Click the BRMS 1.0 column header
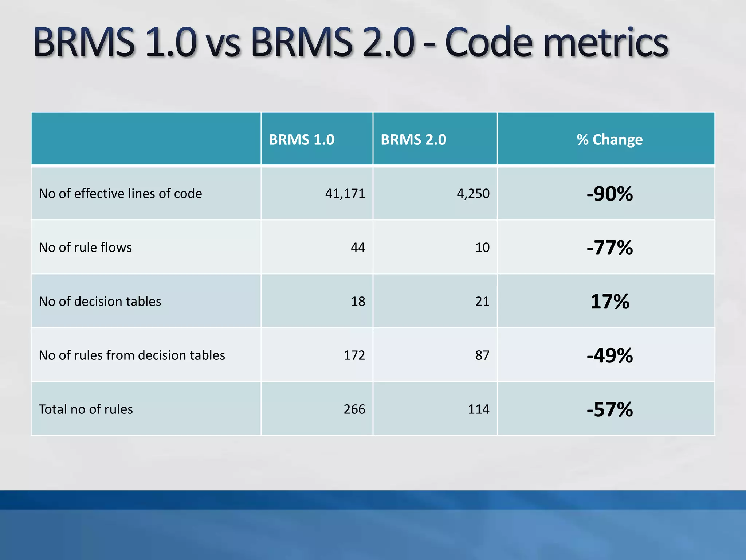[x=301, y=140]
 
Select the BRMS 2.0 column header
[x=413, y=140]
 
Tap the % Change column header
[x=609, y=140]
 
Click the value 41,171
[x=345, y=194]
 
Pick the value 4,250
[x=473, y=194]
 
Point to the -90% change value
[x=609, y=194]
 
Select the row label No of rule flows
[x=85, y=248]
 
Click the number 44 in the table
[x=358, y=248]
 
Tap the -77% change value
[x=609, y=248]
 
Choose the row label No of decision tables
[x=100, y=302]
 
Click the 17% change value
[x=609, y=302]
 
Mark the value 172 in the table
[x=354, y=355]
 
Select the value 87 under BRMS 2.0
[x=482, y=355]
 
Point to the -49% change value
[x=609, y=355]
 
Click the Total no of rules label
[x=86, y=409]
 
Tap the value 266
[x=354, y=409]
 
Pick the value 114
[x=478, y=409]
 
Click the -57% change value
[x=609, y=409]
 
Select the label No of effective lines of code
[x=120, y=194]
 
